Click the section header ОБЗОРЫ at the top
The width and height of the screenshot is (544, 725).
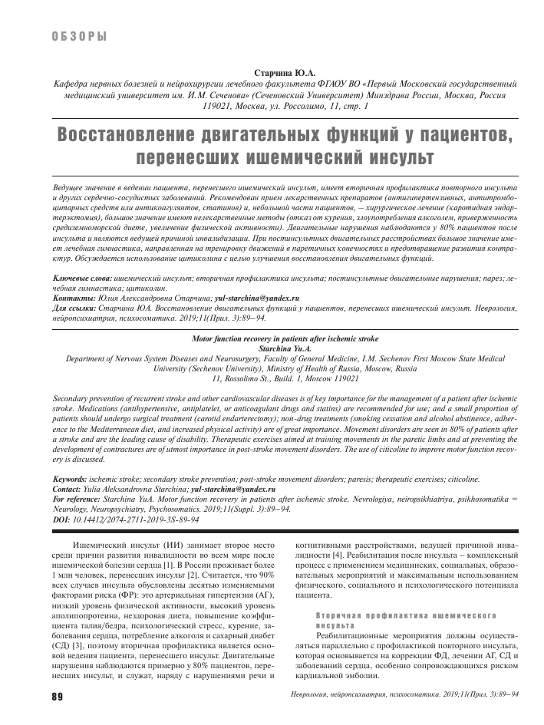point(78,37)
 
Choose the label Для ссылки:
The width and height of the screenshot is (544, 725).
point(77,306)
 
